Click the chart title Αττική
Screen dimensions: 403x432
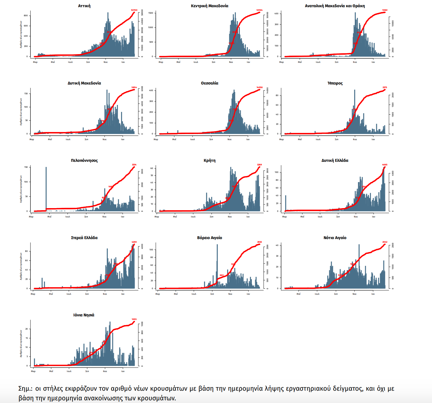point(84,6)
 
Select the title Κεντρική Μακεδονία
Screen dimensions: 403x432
point(210,6)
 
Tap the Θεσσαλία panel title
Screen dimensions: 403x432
point(210,83)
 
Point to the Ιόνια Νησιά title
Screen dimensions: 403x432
point(84,315)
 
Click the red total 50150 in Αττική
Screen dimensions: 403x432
point(134,10)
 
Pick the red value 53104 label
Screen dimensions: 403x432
point(259,10)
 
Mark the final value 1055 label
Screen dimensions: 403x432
point(134,319)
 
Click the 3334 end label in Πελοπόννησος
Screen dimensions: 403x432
point(134,165)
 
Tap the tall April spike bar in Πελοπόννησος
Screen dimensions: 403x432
point(46,188)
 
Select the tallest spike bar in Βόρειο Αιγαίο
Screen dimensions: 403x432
point(217,265)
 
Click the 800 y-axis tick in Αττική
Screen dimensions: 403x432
point(26,16)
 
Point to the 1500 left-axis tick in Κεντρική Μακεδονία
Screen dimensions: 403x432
point(151,13)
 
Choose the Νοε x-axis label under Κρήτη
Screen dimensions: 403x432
point(230,217)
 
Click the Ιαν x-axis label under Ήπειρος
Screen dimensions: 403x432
point(373,140)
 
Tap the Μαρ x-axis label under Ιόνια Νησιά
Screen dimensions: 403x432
point(33,371)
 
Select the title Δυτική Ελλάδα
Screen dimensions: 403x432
point(335,161)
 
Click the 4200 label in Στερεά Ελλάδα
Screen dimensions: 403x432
point(134,242)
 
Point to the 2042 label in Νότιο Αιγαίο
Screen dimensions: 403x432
point(385,242)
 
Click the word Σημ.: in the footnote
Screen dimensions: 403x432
point(25,389)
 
